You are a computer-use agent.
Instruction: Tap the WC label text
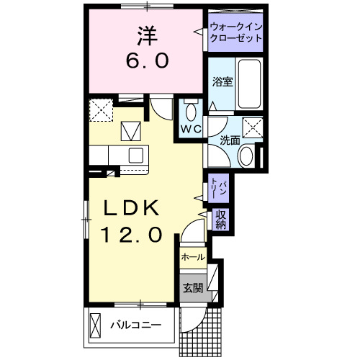click(x=190, y=129)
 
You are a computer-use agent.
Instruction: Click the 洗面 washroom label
click(x=230, y=140)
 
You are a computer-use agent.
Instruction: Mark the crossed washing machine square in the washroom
click(x=251, y=128)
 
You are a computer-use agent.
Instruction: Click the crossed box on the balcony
click(x=96, y=325)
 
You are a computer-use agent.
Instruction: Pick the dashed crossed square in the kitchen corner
click(x=101, y=110)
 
